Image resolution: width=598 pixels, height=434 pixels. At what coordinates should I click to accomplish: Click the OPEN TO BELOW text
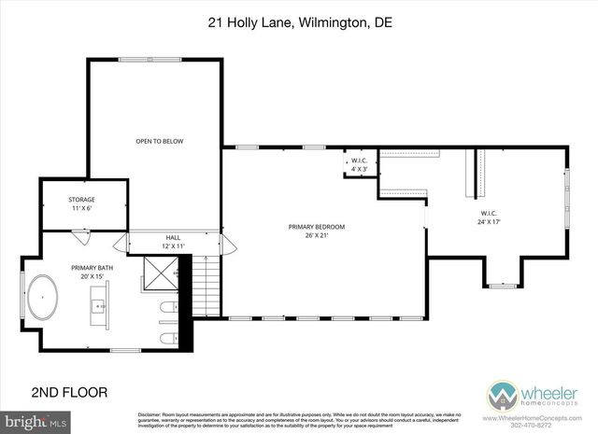click(x=159, y=141)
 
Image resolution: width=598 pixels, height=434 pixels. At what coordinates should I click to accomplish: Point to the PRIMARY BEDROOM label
click(x=316, y=227)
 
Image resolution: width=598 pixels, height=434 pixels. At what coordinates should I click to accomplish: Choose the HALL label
click(x=173, y=238)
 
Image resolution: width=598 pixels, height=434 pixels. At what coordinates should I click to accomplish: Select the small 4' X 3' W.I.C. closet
click(x=359, y=161)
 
